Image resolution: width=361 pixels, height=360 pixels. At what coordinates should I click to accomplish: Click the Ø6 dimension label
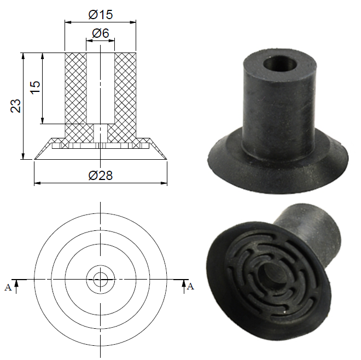(x=100, y=33)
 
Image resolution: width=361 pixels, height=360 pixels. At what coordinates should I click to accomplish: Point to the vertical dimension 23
(x=16, y=106)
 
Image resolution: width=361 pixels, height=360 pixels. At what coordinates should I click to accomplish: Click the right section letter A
(x=190, y=287)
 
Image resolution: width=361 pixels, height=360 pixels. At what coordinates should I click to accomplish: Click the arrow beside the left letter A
(x=18, y=284)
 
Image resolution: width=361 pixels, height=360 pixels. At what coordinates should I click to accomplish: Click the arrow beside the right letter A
(x=183, y=284)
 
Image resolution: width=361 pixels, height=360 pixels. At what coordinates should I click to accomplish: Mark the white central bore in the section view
(x=100, y=88)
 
